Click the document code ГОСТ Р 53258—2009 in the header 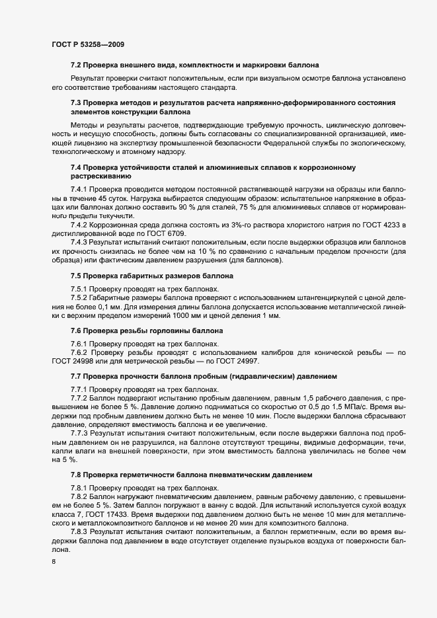(x=87, y=44)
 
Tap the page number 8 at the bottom (x=52, y=562)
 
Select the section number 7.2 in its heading (x=76, y=65)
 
